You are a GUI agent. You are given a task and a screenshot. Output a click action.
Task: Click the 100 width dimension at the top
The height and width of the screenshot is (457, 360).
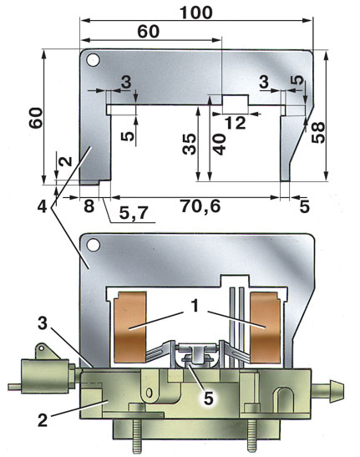click(196, 13)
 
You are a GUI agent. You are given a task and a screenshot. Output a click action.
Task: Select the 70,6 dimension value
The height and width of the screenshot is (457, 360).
click(200, 206)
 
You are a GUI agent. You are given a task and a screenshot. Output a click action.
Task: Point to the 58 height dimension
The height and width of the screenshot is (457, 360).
click(317, 133)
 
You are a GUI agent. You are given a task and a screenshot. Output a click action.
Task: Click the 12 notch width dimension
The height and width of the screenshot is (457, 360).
click(236, 124)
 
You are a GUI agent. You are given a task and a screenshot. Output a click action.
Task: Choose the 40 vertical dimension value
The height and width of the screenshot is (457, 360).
click(220, 144)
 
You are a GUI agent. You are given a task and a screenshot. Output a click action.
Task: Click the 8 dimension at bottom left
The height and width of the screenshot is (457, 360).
click(89, 206)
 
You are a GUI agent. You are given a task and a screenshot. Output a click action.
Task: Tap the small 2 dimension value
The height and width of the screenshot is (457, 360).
click(67, 160)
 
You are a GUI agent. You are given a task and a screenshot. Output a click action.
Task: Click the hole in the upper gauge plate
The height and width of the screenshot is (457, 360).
click(93, 60)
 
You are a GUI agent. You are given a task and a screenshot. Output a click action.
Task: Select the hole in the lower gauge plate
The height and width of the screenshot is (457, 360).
click(94, 245)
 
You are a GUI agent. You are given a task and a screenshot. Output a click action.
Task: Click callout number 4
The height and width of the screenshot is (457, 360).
click(43, 207)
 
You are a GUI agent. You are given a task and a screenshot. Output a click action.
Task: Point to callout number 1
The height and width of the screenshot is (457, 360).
click(195, 307)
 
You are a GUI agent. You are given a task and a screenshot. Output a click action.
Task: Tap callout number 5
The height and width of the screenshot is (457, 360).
click(208, 399)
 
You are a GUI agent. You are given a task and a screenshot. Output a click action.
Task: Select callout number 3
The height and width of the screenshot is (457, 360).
click(43, 323)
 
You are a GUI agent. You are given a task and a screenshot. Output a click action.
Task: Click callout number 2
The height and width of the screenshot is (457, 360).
click(43, 420)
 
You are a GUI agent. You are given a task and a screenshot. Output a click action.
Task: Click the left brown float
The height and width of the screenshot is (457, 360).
click(130, 328)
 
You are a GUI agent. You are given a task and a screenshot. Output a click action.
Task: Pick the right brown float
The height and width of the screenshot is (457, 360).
click(266, 328)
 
